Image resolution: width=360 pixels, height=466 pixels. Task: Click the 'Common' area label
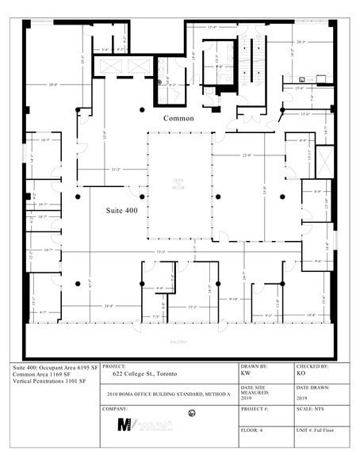pos(178,118)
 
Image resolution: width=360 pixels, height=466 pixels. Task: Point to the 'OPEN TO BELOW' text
pos(178,184)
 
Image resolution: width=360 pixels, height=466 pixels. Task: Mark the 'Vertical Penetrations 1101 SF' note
pos(49,382)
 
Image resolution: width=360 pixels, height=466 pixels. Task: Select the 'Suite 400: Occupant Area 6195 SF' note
pos(54,369)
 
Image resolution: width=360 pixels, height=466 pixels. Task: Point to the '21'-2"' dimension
pos(116,169)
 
